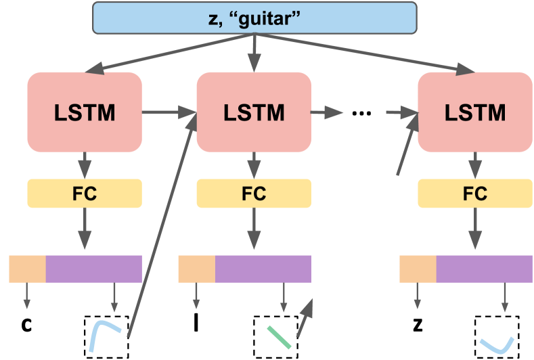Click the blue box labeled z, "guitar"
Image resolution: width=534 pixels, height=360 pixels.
(x=254, y=18)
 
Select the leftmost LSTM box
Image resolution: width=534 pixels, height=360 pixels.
(x=85, y=112)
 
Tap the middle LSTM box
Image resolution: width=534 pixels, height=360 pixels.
(x=254, y=112)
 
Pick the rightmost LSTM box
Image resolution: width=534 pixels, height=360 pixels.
(x=475, y=112)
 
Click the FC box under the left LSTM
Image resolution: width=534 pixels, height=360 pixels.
(x=85, y=194)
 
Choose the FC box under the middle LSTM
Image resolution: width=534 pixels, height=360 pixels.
(x=254, y=194)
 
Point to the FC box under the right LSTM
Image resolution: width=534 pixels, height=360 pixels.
(x=475, y=194)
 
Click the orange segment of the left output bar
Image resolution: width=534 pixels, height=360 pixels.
(x=27, y=269)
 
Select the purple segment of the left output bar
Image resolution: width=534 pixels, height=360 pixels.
(x=93, y=269)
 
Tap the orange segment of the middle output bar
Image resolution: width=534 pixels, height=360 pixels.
(x=196, y=269)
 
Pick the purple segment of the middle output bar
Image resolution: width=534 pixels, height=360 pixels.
(x=263, y=269)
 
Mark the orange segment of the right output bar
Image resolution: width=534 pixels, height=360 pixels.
(x=418, y=269)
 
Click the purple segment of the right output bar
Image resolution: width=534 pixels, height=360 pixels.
(x=484, y=269)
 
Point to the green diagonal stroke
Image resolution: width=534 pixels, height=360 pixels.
(x=279, y=336)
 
